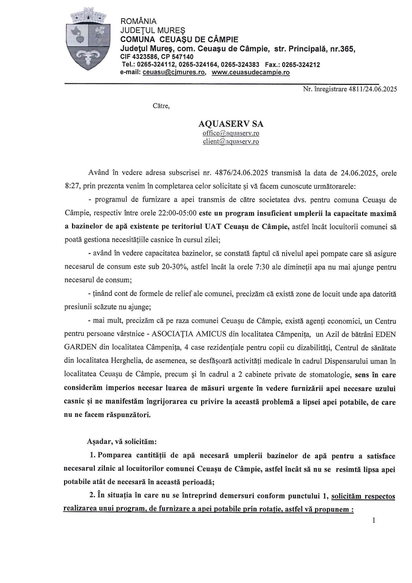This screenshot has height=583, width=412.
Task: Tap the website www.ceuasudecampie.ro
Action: tap(251, 73)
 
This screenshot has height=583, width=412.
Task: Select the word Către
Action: tap(161, 106)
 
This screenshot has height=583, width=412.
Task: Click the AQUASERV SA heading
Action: tap(231, 124)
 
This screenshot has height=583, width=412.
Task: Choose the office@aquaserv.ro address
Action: tap(231, 133)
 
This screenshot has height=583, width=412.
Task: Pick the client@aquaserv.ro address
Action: tap(231, 142)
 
